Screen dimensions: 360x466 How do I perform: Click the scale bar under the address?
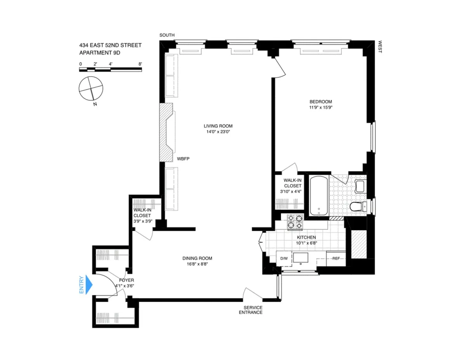pos(110,69)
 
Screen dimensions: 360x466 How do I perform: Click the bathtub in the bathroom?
pos(319,195)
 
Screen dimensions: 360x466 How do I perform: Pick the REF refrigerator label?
pos(336,258)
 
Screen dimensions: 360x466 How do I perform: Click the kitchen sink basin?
pos(301,258)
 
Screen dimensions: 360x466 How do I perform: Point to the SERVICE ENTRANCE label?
pos(250,310)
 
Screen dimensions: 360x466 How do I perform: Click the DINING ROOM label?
pos(197,258)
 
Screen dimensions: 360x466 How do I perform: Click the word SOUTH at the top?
pos(167,35)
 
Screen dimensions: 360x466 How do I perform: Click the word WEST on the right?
pos(380,47)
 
